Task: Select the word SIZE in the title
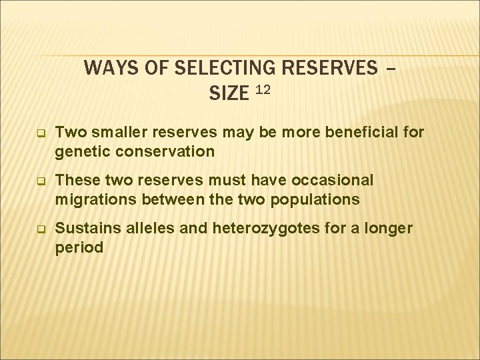229,94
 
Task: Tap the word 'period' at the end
79,247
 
